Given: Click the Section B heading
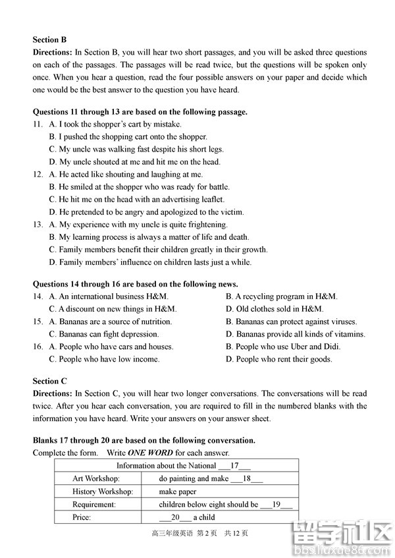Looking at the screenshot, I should point(50,40).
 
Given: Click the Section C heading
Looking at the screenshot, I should point(50,381).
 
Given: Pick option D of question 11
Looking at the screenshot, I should point(134,161).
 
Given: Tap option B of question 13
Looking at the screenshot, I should point(149,237).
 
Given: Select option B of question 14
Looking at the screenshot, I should point(281,296).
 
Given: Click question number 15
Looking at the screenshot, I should point(38,321).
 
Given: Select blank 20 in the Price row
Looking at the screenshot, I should point(175,517).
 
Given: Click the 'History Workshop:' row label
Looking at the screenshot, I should point(103,491).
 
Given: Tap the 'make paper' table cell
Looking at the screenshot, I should point(178,491).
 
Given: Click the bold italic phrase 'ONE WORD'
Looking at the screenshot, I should point(150,453).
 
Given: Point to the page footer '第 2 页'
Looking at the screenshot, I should point(209,533).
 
